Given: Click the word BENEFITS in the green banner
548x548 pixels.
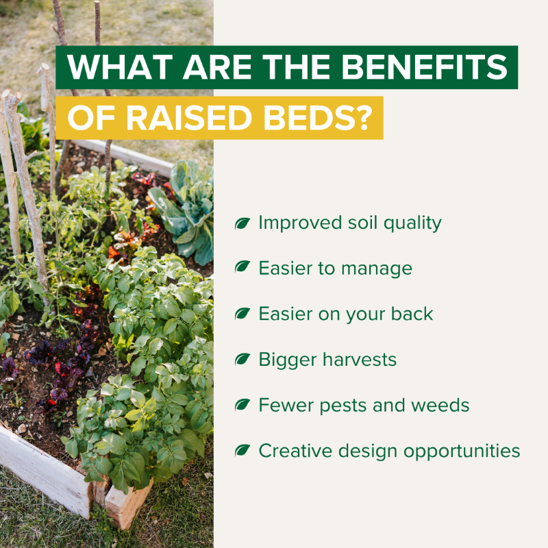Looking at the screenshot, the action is pyautogui.click(x=424, y=66).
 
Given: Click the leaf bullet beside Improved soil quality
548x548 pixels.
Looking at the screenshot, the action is pyautogui.click(x=242, y=223).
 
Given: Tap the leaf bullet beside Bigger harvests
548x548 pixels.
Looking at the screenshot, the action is pyautogui.click(x=242, y=359).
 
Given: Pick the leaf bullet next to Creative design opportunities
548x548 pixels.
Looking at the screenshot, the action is pyautogui.click(x=242, y=450).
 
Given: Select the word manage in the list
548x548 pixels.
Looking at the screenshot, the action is pyautogui.click(x=377, y=269).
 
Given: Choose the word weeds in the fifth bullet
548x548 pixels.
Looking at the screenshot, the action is pyautogui.click(x=440, y=405).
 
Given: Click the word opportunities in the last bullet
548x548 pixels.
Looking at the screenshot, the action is pyautogui.click(x=462, y=451).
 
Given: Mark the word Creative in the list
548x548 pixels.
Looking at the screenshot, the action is pyautogui.click(x=296, y=451).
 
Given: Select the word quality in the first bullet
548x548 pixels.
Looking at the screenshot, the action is pyautogui.click(x=412, y=224).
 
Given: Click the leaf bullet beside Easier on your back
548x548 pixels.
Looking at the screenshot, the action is pyautogui.click(x=242, y=314).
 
